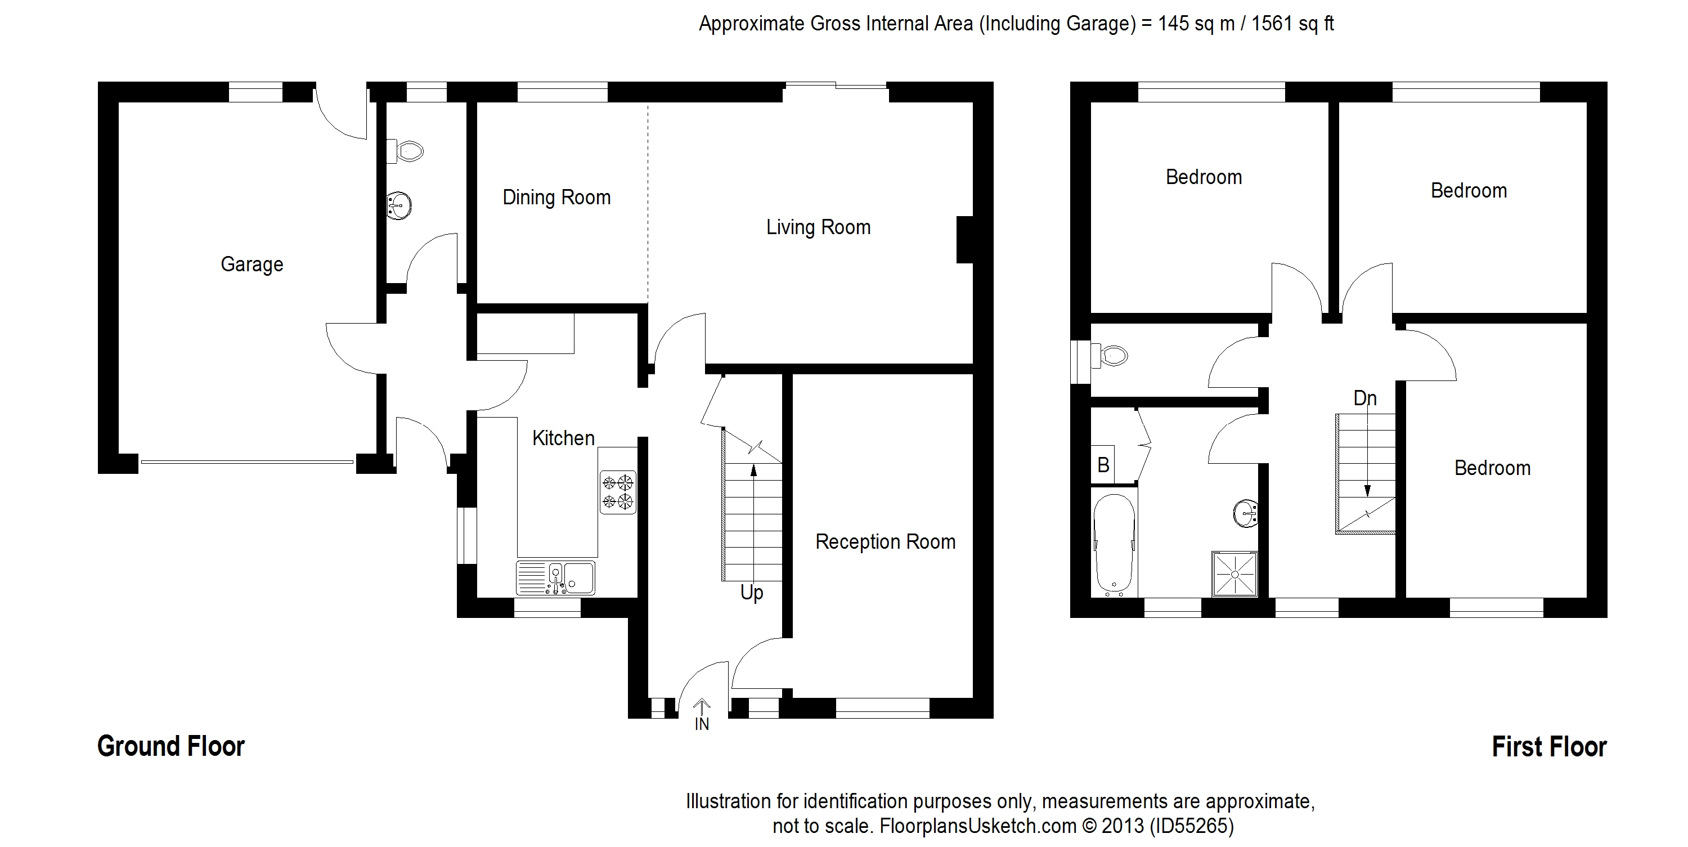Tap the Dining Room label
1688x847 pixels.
coord(556,198)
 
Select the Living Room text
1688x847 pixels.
coord(819,228)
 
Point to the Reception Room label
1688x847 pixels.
coord(885,542)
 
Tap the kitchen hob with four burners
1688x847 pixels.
coord(618,492)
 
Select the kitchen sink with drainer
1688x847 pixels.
coord(556,578)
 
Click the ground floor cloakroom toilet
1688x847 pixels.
coord(405,151)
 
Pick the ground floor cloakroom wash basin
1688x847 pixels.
coord(399,205)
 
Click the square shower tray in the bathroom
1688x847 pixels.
coord(1235,574)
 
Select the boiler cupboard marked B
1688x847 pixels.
coord(1103,465)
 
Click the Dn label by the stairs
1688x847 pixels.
coord(1365,398)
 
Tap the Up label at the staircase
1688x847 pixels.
coord(752,593)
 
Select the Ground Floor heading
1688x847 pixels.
coord(171,746)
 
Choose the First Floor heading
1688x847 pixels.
coord(1549,747)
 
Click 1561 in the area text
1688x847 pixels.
coord(1275,24)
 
